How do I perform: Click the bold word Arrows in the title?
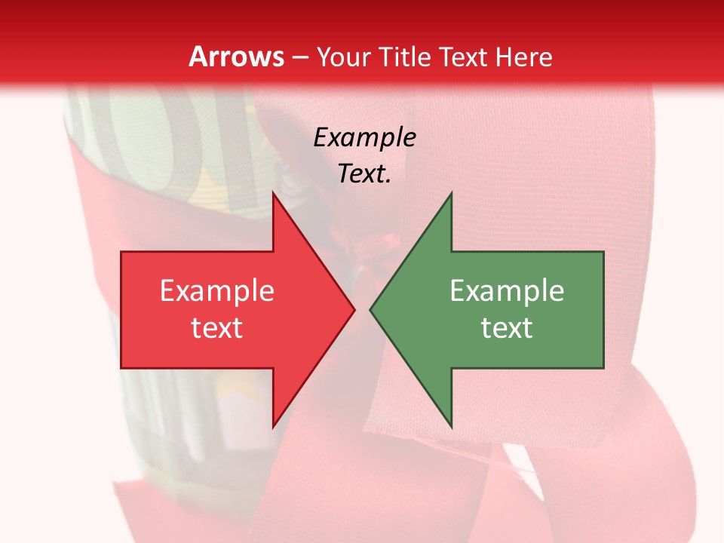tap(237, 57)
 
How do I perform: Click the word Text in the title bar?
tap(465, 57)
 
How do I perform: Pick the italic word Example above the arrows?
tap(364, 137)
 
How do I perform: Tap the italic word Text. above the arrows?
tap(364, 173)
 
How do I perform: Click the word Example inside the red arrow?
tap(217, 290)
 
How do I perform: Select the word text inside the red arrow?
tap(217, 327)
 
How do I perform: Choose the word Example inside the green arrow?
tap(507, 290)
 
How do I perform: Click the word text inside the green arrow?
tap(507, 327)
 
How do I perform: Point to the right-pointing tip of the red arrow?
tap(354, 309)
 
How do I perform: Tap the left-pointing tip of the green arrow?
tap(370, 309)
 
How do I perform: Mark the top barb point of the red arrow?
tap(273, 192)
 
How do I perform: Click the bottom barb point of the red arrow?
tap(273, 428)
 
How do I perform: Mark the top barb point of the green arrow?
tap(451, 192)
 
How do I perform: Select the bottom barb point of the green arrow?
tap(451, 428)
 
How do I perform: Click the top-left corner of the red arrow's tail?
tap(121, 252)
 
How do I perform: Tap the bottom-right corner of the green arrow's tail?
tap(603, 368)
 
